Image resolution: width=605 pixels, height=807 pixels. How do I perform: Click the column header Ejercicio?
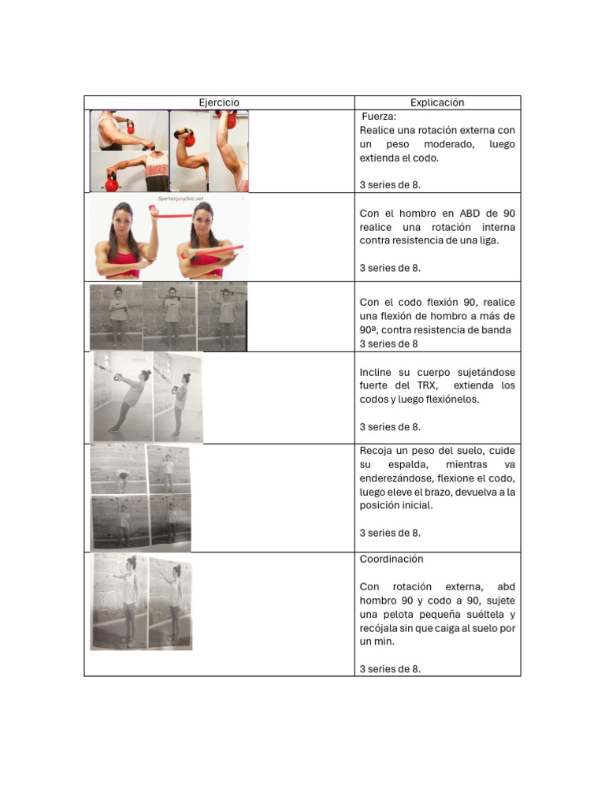point(219,102)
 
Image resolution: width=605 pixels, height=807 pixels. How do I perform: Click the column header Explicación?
point(437,102)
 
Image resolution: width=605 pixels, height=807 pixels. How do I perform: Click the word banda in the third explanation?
point(496,329)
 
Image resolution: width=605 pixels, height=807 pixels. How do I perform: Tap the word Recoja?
point(376,451)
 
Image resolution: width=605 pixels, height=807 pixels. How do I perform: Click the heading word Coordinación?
point(392,559)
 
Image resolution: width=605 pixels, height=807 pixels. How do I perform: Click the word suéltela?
point(476,614)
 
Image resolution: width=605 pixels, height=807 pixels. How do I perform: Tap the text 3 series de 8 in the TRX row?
point(389,426)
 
